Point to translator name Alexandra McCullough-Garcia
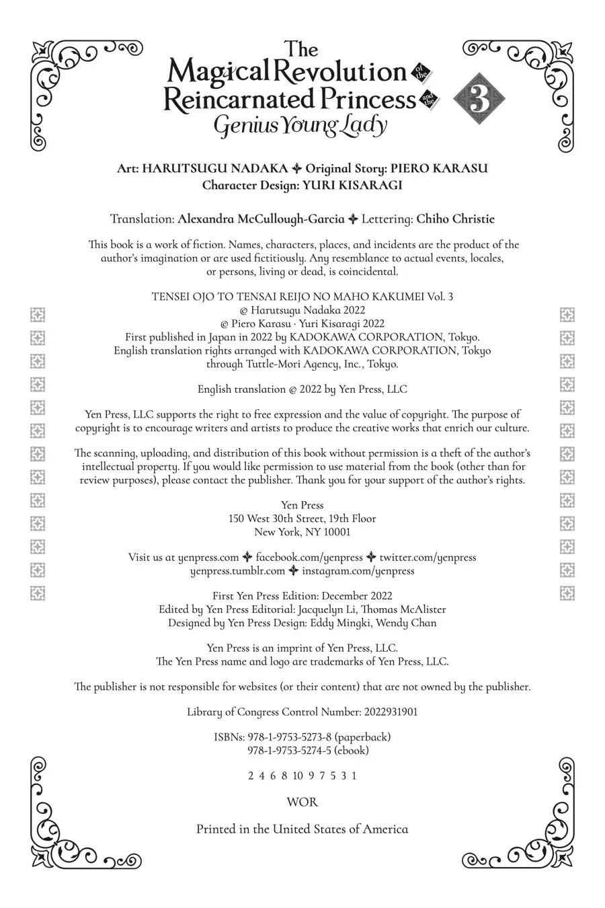(261, 219)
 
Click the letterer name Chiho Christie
(455, 219)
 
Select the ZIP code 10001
(335, 532)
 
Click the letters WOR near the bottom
(302, 802)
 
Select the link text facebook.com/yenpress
(309, 558)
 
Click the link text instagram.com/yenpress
(358, 571)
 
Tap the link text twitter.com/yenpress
(428, 558)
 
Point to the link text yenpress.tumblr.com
(238, 571)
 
